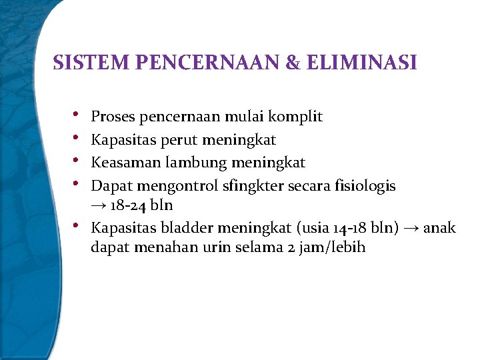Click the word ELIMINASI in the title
pyautogui.click(x=361, y=63)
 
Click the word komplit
pyautogui.click(x=295, y=117)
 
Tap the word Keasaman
pyautogui.click(x=121, y=162)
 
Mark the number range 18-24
pyautogui.click(x=130, y=206)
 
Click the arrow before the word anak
pyautogui.click(x=411, y=228)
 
